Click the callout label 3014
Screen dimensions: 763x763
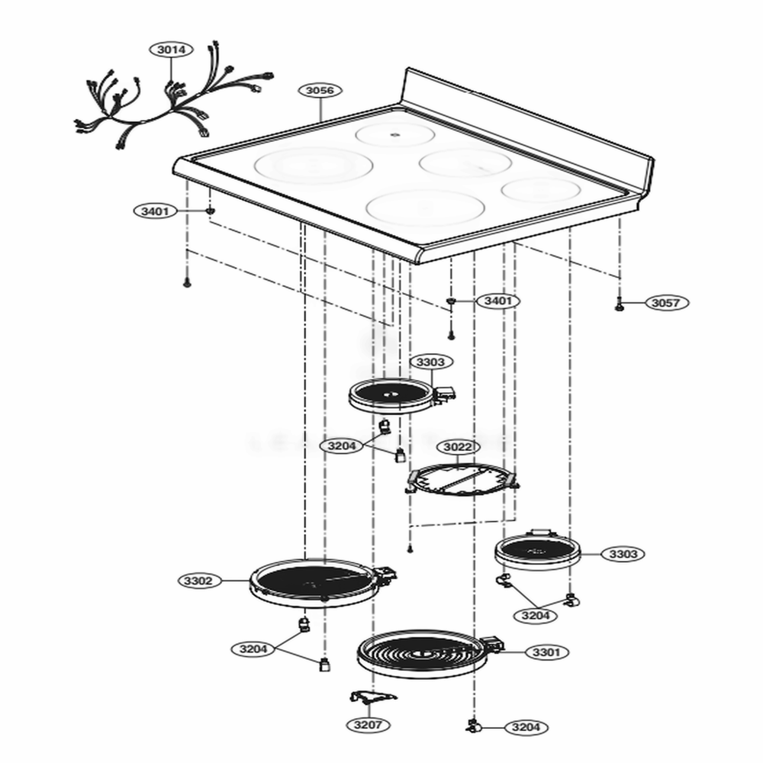pyautogui.click(x=171, y=50)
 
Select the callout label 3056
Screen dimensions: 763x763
pyautogui.click(x=320, y=91)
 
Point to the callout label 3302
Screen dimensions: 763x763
pyautogui.click(x=198, y=581)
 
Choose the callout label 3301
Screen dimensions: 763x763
pyautogui.click(x=546, y=652)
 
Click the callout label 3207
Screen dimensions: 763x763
pyautogui.click(x=368, y=725)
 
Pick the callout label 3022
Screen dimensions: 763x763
pyautogui.click(x=459, y=446)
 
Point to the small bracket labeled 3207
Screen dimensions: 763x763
pyautogui.click(x=373, y=697)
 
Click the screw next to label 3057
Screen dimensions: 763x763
pyautogui.click(x=620, y=304)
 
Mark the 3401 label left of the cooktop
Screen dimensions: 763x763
pyautogui.click(x=155, y=211)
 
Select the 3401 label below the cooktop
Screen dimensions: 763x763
pyautogui.click(x=497, y=301)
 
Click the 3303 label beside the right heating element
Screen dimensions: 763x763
pyautogui.click(x=623, y=554)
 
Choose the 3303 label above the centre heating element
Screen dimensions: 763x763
pyautogui.click(x=430, y=362)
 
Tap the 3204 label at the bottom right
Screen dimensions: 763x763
pyautogui.click(x=526, y=727)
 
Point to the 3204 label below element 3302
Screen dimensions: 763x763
pyautogui.click(x=253, y=649)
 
